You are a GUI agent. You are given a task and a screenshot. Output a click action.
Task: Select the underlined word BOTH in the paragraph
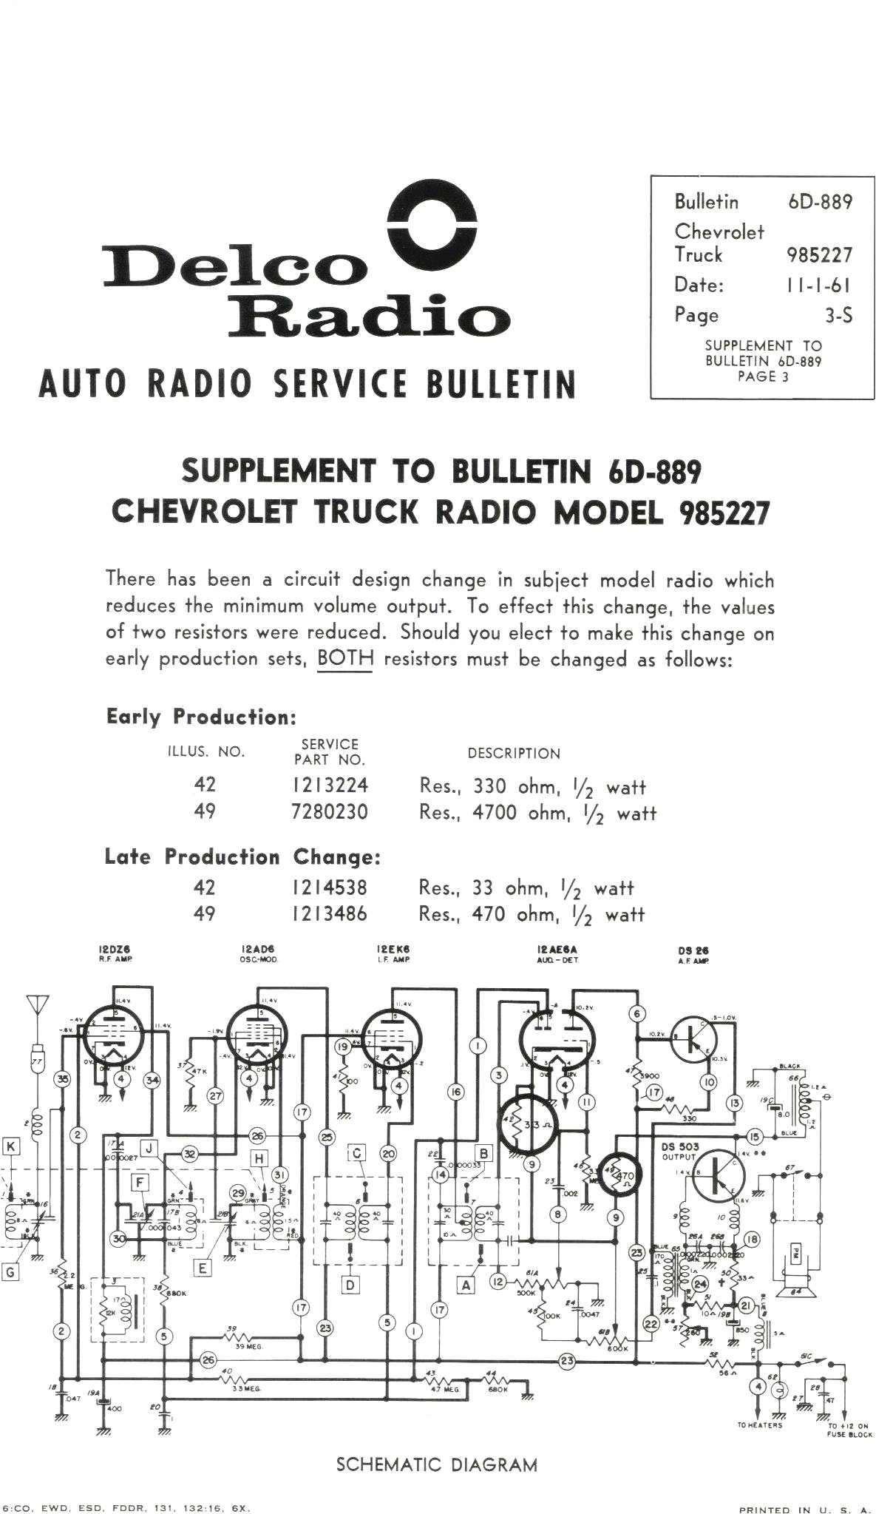point(344,659)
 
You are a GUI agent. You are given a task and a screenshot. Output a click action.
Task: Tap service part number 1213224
point(330,785)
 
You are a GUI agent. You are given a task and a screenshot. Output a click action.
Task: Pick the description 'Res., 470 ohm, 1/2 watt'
point(532,915)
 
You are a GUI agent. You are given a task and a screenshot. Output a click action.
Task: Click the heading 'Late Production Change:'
point(242,857)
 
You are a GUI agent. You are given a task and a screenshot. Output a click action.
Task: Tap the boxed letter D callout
point(350,1285)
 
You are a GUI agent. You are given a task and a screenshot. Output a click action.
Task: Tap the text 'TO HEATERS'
point(759,1425)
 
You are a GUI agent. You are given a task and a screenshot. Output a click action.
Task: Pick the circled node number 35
point(63,1079)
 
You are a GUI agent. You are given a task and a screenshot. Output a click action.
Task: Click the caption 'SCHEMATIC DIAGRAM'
point(437,1464)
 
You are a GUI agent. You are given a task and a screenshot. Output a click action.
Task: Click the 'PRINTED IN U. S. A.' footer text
point(805,1510)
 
